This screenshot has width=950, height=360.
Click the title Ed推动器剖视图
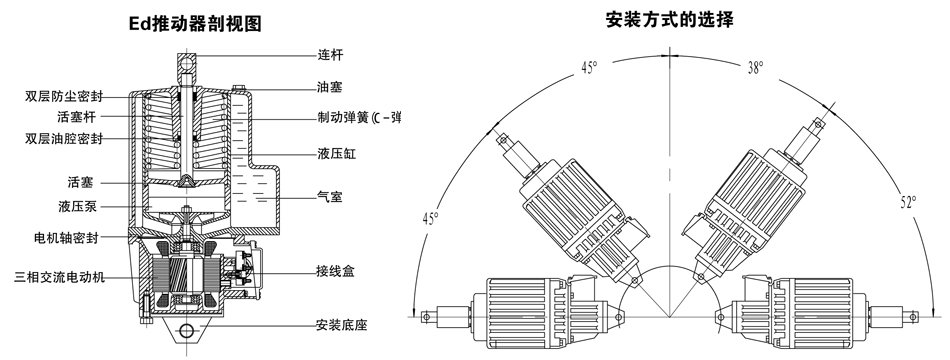tap(196, 24)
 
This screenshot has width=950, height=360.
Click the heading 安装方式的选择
tap(669, 20)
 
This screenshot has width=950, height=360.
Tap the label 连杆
tap(330, 55)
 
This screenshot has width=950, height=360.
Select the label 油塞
tap(330, 87)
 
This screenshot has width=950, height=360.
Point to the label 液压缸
tap(337, 153)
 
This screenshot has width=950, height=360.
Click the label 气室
tap(330, 196)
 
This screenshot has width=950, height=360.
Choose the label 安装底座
tap(342, 325)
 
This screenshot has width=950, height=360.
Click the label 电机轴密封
tap(66, 238)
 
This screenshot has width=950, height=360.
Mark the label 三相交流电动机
tap(59, 277)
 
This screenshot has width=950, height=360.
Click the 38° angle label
tap(755, 67)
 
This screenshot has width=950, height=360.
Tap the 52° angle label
tap(908, 202)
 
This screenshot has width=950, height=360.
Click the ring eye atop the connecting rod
tap(187, 61)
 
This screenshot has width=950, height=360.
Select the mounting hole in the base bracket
tap(187, 330)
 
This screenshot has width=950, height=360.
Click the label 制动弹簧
tap(344, 117)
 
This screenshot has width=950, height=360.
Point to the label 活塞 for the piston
tap(81, 182)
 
